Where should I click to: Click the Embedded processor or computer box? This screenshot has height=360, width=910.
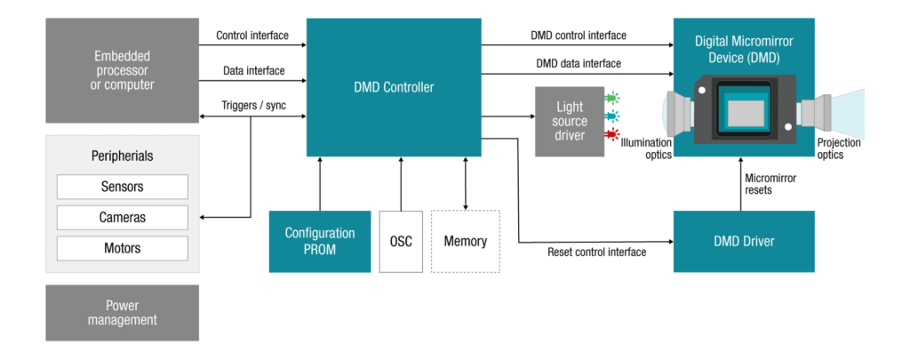click(x=124, y=70)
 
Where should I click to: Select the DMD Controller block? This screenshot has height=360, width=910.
click(x=394, y=87)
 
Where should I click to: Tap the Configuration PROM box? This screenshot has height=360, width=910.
click(x=319, y=241)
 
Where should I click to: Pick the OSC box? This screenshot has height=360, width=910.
click(x=401, y=241)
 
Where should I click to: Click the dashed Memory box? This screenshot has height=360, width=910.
click(x=466, y=241)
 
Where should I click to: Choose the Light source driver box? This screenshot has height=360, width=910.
click(x=569, y=122)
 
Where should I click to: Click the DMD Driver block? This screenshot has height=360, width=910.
click(x=744, y=241)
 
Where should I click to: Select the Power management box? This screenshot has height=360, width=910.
click(x=123, y=313)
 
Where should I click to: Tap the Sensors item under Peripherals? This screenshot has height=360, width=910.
click(x=123, y=187)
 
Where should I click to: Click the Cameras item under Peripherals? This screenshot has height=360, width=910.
click(x=123, y=217)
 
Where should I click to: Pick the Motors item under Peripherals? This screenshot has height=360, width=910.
click(x=123, y=247)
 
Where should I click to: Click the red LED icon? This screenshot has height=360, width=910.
click(x=611, y=134)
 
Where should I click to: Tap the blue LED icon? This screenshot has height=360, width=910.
click(x=611, y=116)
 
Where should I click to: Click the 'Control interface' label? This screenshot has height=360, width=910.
click(x=252, y=36)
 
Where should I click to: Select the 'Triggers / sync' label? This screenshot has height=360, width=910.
click(x=253, y=106)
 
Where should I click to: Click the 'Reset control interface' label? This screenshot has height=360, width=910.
click(x=597, y=252)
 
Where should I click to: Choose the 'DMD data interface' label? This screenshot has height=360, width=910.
click(x=579, y=63)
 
